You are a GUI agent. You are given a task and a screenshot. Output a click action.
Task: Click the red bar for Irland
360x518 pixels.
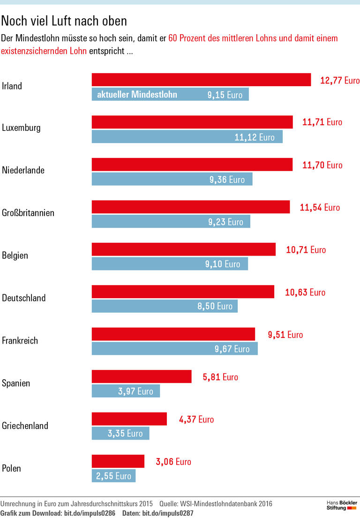[x=201, y=80]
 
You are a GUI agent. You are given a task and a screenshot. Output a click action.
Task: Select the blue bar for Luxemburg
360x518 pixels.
[x=187, y=137]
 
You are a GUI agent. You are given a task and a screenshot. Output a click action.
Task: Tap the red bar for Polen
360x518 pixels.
[x=118, y=461]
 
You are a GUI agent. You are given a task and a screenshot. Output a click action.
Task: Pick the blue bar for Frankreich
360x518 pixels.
[x=174, y=349]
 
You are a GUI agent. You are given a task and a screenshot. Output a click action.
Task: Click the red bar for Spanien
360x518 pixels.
[x=142, y=376]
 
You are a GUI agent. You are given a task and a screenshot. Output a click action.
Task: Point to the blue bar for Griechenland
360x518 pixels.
[x=120, y=434]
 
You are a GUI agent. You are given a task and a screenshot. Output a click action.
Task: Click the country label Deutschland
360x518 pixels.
[x=24, y=298]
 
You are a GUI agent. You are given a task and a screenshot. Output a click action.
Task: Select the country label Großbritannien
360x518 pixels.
[x=28, y=213]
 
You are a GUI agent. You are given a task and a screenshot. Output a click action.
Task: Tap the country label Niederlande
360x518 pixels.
[x=23, y=170]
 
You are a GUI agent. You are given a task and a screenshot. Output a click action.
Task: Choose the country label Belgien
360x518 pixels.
[x=15, y=255]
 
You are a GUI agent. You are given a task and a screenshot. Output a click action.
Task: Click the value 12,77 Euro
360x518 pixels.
[x=340, y=80]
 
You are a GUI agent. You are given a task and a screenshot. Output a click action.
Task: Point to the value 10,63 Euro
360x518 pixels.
[x=305, y=293]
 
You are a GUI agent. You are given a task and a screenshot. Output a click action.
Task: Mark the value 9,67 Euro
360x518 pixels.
[x=232, y=349]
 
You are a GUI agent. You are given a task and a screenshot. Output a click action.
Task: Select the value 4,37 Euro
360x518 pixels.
[x=196, y=420]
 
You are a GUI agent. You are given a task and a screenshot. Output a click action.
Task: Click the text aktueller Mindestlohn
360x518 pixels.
[x=137, y=95]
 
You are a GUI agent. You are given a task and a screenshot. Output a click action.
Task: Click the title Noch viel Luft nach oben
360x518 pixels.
[x=64, y=21]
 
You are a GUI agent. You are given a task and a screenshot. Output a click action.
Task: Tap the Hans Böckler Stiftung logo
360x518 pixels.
[x=342, y=505]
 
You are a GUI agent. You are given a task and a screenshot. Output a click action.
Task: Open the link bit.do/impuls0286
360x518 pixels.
[x=90, y=513]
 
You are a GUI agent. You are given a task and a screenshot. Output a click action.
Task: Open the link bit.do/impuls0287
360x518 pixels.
[x=168, y=513]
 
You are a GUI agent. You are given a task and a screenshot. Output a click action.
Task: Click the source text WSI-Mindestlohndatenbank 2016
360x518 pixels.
[x=225, y=504]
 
